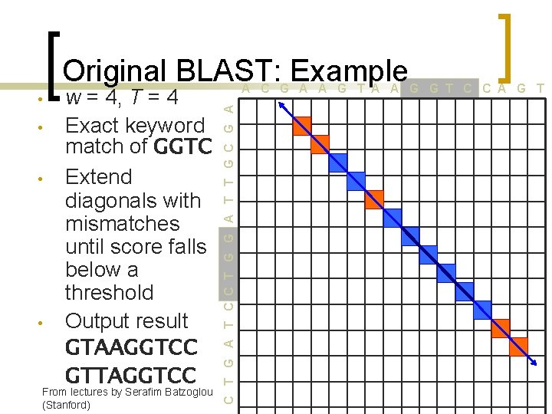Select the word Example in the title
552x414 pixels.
pos(349,71)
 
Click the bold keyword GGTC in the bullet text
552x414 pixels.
pos(181,146)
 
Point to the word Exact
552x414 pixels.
pos(93,125)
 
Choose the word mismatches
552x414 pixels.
pos(123,224)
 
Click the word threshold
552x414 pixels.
pos(109,293)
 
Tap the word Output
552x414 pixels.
pos(97,320)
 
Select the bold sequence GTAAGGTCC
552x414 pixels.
pos(131,347)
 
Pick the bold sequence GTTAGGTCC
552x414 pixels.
pos(131,375)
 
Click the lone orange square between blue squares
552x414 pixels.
pos(374,198)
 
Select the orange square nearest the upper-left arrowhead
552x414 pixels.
pos(303,126)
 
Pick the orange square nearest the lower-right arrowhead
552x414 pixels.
pos(518,347)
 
